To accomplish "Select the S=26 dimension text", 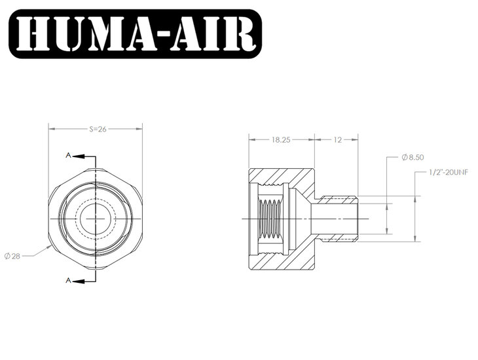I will point(98,130).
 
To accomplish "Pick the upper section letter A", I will point(68,156).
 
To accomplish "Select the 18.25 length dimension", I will point(280,139).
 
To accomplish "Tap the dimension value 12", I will point(337,139).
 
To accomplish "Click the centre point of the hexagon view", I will point(96,218).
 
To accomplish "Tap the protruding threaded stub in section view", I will point(337,218).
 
